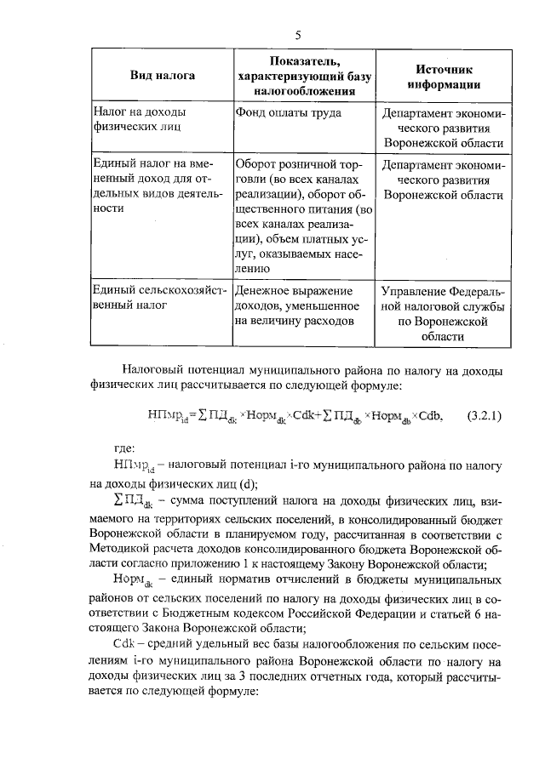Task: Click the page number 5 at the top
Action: (298, 35)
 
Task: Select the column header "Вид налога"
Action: (162, 76)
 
